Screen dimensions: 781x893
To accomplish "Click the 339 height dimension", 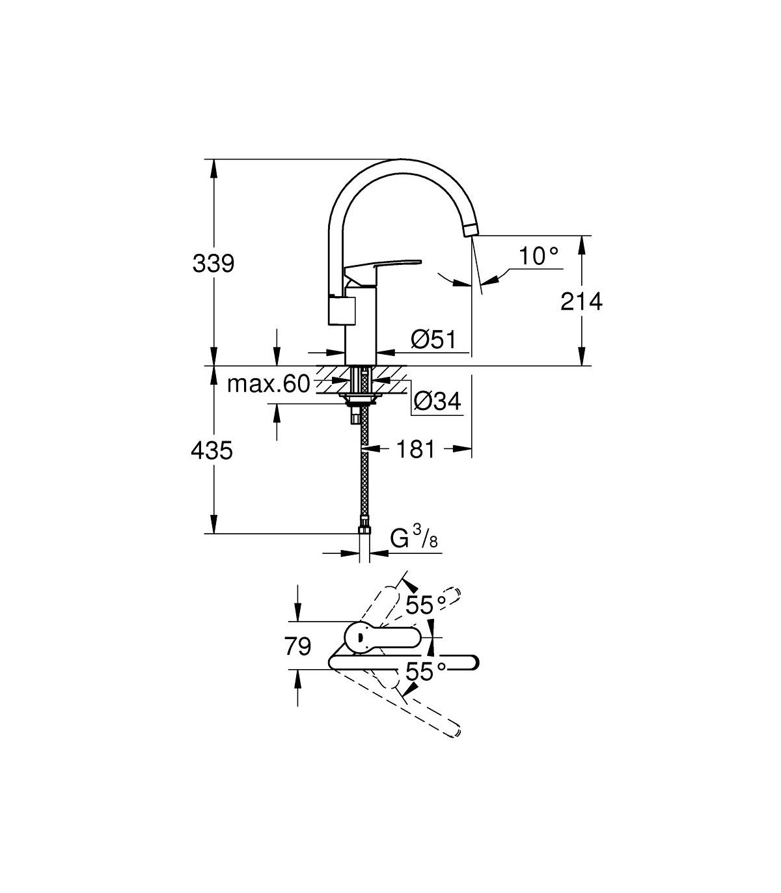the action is [x=213, y=264].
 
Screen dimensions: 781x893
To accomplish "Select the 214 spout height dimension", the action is [x=581, y=301].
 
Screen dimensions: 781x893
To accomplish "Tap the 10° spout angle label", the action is [x=538, y=256].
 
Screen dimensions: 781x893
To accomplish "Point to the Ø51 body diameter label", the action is [x=433, y=339].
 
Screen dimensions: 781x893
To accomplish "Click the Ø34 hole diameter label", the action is [x=437, y=401].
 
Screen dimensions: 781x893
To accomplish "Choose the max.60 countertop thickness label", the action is [x=269, y=384].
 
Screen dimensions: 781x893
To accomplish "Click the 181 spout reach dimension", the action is [x=415, y=449].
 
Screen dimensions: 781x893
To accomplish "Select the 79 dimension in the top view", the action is [x=297, y=646].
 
